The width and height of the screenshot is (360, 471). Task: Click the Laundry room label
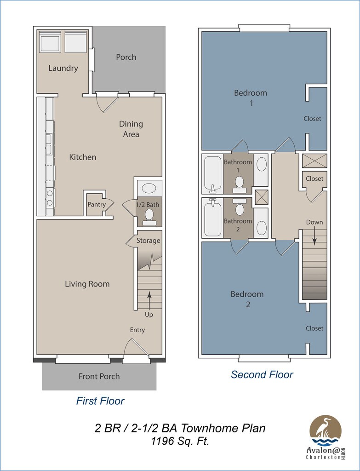63,68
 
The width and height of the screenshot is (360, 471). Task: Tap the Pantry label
97,205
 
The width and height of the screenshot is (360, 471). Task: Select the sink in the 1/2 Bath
149,189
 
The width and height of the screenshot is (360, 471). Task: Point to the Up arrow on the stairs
149,300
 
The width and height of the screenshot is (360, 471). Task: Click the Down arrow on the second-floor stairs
314,236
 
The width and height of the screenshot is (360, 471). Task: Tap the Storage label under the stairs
149,241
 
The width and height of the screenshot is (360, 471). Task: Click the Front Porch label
99,376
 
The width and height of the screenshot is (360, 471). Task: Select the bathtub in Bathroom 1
213,173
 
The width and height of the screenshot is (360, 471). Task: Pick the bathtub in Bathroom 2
213,218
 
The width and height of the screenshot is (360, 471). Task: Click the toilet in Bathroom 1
239,184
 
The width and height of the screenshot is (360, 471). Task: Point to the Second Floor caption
262,374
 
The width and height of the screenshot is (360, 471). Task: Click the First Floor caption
100,401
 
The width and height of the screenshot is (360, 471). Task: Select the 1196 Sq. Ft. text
180,441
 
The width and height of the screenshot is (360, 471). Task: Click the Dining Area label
131,129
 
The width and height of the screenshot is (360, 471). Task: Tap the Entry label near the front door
137,330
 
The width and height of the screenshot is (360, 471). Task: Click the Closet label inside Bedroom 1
312,119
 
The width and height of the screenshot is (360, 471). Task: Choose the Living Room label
87,284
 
